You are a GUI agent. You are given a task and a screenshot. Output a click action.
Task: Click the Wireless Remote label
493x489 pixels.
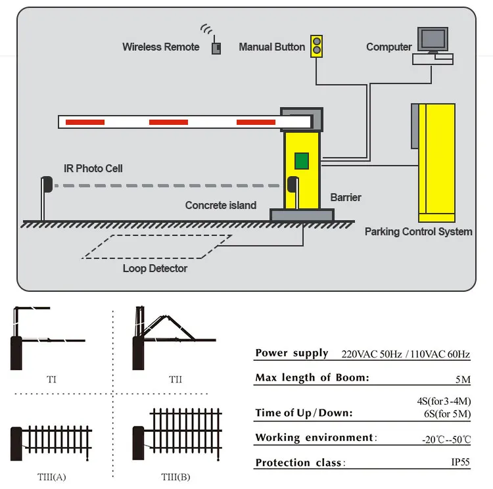(x=160, y=47)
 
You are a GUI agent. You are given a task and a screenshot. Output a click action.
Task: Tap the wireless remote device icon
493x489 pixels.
(x=215, y=48)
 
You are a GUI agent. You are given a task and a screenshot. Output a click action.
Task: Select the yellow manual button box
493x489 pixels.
(x=317, y=45)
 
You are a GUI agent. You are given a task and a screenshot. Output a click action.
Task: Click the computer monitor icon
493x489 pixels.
(x=433, y=39)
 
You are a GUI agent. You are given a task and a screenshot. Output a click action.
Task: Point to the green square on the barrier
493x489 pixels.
(x=301, y=160)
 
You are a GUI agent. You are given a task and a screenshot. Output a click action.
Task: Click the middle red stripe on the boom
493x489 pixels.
(x=168, y=122)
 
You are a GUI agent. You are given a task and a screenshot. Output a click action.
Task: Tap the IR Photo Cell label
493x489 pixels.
(x=93, y=168)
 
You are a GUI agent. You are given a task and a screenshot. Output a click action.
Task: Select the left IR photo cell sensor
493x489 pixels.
(x=45, y=185)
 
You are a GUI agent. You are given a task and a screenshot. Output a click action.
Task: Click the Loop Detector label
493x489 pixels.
(x=154, y=268)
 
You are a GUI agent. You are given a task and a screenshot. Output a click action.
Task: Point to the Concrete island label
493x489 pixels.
(x=220, y=206)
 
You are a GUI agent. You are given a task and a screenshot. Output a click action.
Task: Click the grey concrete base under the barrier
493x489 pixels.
(x=302, y=214)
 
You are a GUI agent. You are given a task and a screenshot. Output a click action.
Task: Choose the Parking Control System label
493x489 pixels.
(x=418, y=231)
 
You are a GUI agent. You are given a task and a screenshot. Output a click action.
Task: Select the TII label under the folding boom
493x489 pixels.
(x=175, y=379)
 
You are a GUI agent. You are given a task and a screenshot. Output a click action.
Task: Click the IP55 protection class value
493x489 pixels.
(x=460, y=462)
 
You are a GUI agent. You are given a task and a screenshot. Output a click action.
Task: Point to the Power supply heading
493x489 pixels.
(x=291, y=354)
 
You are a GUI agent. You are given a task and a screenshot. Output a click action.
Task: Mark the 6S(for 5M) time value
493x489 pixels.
(x=446, y=413)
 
